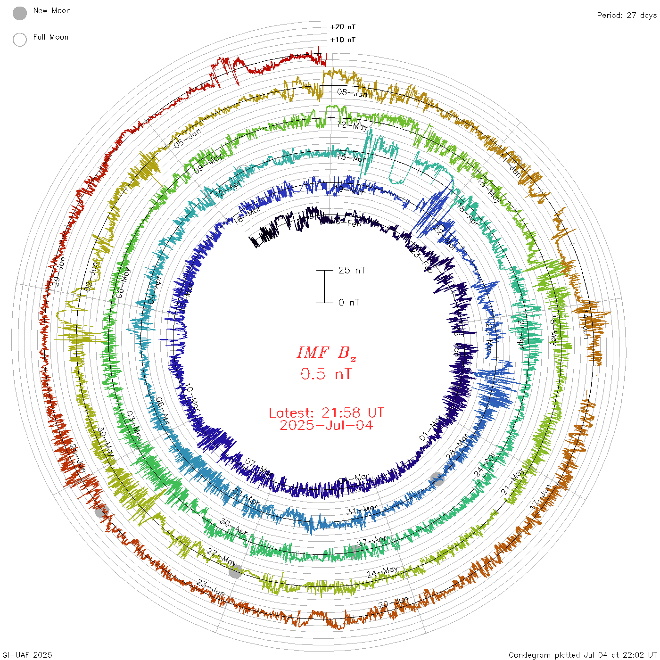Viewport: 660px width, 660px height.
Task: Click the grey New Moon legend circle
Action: (x=20, y=13)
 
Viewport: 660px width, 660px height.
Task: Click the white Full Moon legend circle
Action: (x=20, y=40)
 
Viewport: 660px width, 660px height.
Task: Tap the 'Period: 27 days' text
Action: (x=627, y=15)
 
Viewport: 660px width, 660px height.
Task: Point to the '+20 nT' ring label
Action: (x=343, y=27)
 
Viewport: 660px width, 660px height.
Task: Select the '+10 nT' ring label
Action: (x=343, y=40)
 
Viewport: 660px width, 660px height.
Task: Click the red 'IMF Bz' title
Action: (x=326, y=353)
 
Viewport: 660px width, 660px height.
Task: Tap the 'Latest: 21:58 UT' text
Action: (x=326, y=413)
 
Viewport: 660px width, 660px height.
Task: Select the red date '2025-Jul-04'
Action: (x=326, y=425)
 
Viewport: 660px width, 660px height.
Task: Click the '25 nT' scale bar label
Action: (x=352, y=270)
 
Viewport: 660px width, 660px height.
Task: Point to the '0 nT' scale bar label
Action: (x=349, y=302)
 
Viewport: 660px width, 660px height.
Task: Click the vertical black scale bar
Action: (x=324, y=287)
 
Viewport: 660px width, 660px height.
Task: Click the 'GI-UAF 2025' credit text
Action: (x=27, y=655)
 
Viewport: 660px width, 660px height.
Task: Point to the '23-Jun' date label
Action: (x=211, y=587)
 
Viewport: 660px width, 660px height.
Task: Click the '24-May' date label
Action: (x=382, y=572)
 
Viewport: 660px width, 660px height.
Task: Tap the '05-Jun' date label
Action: (x=187, y=138)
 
